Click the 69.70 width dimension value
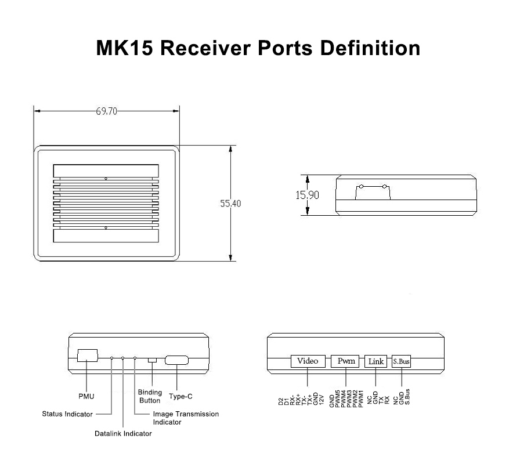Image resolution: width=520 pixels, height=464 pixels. (x=107, y=111)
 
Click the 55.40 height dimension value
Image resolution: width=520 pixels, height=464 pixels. (x=230, y=204)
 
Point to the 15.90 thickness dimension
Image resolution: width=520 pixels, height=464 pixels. (x=308, y=195)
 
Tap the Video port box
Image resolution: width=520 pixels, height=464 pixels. (x=308, y=361)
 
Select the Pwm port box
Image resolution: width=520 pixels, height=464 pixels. (x=346, y=361)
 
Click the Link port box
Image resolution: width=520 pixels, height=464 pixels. (x=376, y=361)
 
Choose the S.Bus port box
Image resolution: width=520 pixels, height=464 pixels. (x=401, y=361)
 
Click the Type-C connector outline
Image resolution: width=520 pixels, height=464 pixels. (x=176, y=360)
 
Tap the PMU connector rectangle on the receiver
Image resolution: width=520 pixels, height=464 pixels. (x=87, y=355)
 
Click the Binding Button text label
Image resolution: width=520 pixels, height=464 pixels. (x=150, y=397)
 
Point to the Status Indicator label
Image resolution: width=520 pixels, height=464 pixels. (x=67, y=414)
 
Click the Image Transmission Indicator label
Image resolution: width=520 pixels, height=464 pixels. (x=186, y=418)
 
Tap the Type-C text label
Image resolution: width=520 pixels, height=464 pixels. (x=180, y=397)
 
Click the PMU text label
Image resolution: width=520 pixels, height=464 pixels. (x=86, y=397)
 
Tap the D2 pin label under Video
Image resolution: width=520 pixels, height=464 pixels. (x=281, y=401)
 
